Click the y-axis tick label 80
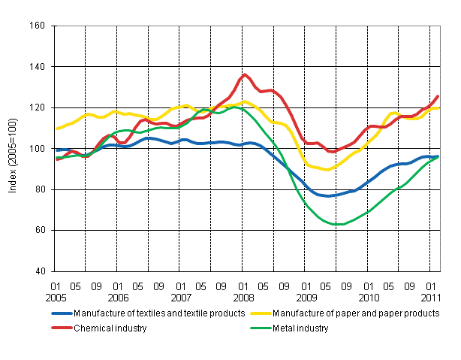pos(42,189)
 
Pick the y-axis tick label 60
pos(42,230)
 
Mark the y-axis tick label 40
pos(42,271)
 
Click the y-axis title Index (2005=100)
pos(13,149)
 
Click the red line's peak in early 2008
pos(245,74)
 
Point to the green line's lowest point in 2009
pos(339,224)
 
